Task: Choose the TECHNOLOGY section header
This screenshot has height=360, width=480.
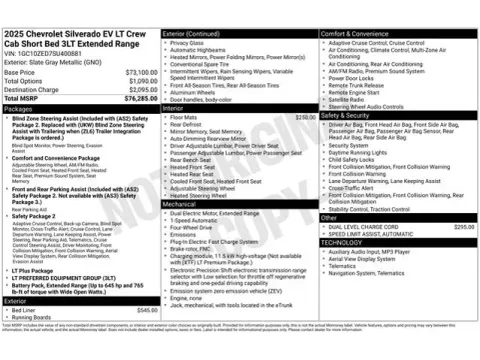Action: [x=342, y=243]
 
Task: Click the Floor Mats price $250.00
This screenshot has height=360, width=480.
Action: [x=306, y=117]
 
